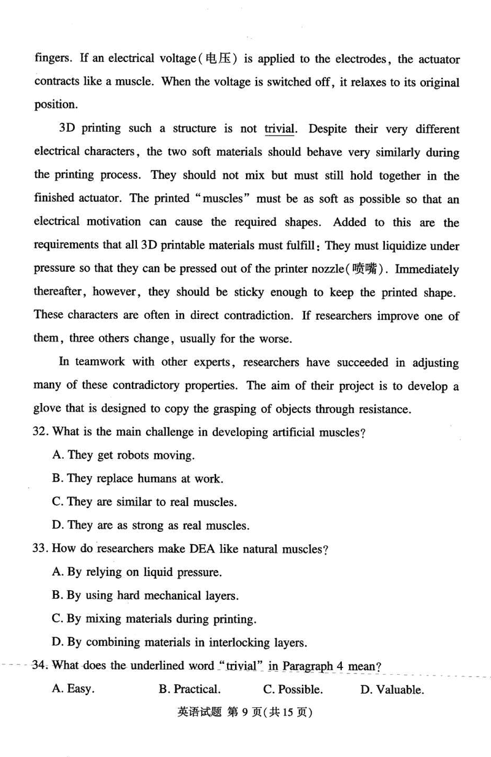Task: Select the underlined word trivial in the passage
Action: (x=280, y=129)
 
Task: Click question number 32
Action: (x=41, y=432)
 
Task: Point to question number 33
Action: (x=41, y=549)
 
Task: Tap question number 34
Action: (x=41, y=666)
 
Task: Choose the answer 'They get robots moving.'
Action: (x=123, y=455)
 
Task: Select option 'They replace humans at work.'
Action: (x=137, y=478)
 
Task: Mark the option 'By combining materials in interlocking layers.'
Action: (x=179, y=643)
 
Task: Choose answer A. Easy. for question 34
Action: (x=74, y=690)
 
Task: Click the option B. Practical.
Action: (x=190, y=690)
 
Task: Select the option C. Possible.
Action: (x=293, y=690)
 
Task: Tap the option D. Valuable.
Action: (x=392, y=690)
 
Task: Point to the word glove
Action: (x=48, y=409)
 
